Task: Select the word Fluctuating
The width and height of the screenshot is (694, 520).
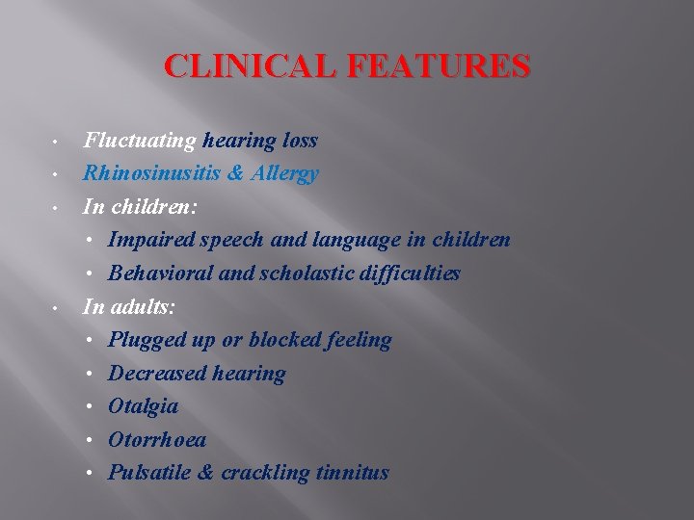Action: tap(140, 142)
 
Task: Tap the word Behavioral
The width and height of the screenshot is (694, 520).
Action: tap(159, 273)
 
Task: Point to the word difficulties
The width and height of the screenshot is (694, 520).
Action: tap(409, 273)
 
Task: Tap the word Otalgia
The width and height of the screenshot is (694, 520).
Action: tap(143, 406)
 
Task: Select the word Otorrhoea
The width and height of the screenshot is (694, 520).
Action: tap(157, 439)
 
